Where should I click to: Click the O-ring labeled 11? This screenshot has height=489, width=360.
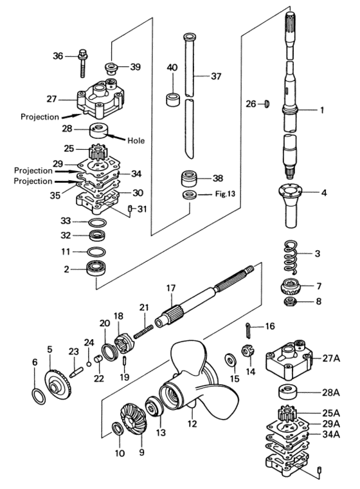tap(98, 250)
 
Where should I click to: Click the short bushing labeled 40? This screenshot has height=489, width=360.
tap(172, 100)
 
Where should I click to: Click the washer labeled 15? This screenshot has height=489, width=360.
tap(230, 358)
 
